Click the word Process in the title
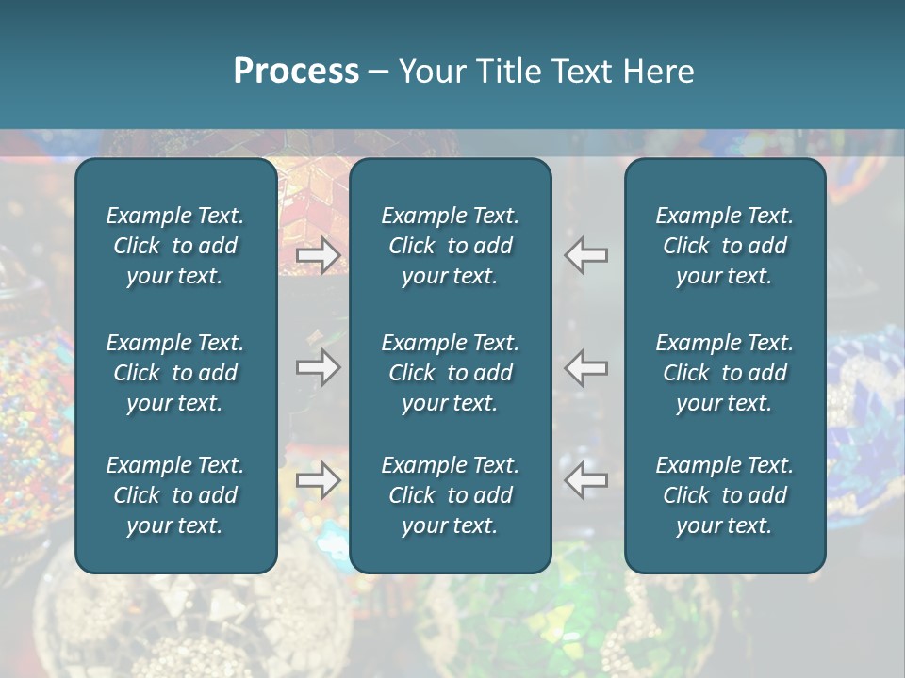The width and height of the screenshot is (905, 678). point(296,72)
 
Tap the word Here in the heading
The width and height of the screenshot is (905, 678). point(658,72)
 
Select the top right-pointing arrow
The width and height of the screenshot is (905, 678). point(318,254)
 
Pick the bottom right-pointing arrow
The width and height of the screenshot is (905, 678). point(318,480)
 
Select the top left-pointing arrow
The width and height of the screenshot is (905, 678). point(586,254)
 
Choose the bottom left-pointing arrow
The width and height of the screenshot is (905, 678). point(586,480)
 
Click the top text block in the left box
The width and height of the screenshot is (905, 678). point(175,246)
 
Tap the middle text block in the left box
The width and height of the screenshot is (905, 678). point(175,373)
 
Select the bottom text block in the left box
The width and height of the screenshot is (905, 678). point(175,495)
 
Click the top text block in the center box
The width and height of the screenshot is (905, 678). point(451,246)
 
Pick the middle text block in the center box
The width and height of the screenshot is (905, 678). point(451,373)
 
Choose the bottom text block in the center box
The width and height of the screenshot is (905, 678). point(451,495)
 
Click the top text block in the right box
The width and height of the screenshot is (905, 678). point(725,246)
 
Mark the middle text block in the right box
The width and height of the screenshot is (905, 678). point(725,373)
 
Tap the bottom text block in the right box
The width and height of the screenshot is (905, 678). point(725,495)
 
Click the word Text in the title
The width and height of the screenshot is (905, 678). point(582,72)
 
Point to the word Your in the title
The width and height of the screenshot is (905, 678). point(431,72)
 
